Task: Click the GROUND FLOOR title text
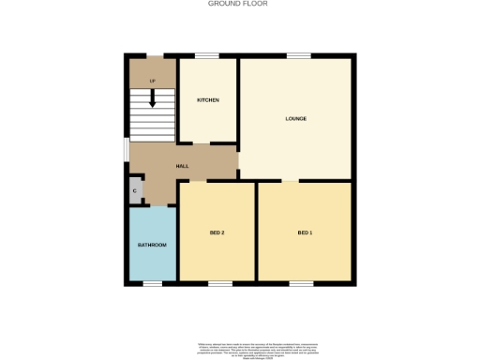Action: (x=237, y=4)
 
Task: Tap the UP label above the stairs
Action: (x=151, y=81)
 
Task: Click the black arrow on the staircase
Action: (x=152, y=96)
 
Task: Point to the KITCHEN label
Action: (x=207, y=99)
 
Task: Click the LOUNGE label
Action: (x=296, y=118)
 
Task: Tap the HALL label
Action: (x=182, y=166)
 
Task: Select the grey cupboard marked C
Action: (x=135, y=191)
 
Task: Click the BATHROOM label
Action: (x=152, y=245)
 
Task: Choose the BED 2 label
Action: (x=217, y=232)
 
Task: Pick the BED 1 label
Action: (x=305, y=232)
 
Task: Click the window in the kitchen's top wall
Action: (x=207, y=56)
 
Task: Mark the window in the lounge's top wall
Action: (x=298, y=56)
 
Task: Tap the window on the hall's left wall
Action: (x=127, y=150)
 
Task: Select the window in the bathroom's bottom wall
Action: (x=152, y=283)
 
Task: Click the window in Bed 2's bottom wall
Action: (x=219, y=283)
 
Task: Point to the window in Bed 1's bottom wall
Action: (x=301, y=283)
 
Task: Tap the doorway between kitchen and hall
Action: (x=201, y=142)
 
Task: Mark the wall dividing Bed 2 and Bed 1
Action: (x=256, y=232)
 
